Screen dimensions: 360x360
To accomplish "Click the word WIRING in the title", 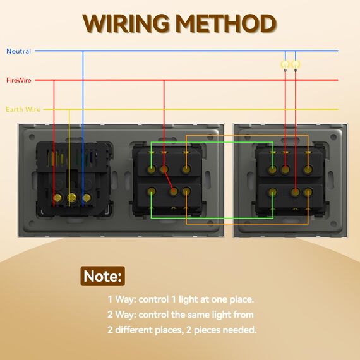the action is pos(126,23).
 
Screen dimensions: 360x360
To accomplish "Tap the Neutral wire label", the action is pos(18,51).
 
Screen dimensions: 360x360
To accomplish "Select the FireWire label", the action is pos(19,80).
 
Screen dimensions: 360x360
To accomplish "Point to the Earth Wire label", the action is pos(23,109).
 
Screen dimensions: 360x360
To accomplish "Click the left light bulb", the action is pos(285,65).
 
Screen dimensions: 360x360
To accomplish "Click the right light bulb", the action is pos(296,65).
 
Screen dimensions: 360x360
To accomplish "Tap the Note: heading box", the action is pos(102,276).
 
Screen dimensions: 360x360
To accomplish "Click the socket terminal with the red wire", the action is pos(57,198).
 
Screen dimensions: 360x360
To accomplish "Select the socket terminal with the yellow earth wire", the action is pos(71,197).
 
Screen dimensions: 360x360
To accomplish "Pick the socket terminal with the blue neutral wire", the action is pos(87,198).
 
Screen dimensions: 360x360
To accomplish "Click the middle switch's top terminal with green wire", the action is pos(152,169).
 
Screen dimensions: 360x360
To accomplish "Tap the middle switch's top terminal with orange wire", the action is pos(186,169).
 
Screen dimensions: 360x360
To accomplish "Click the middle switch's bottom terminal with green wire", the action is pos(152,191).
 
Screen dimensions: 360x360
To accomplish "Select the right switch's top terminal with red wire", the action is pos(285,169).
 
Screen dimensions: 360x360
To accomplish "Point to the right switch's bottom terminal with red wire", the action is pos(295,191).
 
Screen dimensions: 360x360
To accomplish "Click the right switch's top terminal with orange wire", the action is pos(308,169).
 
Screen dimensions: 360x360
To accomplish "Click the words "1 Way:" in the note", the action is pos(122,299).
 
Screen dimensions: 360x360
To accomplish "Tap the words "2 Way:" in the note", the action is pos(122,315).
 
